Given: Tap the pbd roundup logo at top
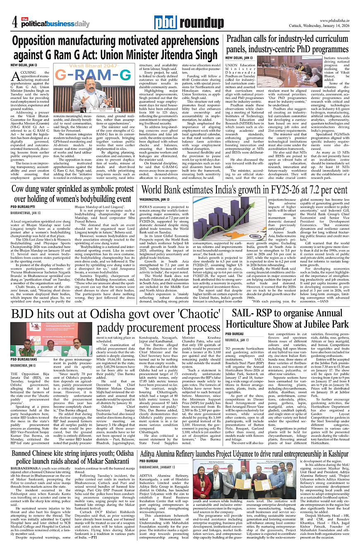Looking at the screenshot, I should (180, 23).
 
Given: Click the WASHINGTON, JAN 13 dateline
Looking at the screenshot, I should (154, 200).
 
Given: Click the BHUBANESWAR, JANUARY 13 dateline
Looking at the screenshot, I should (163, 467).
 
